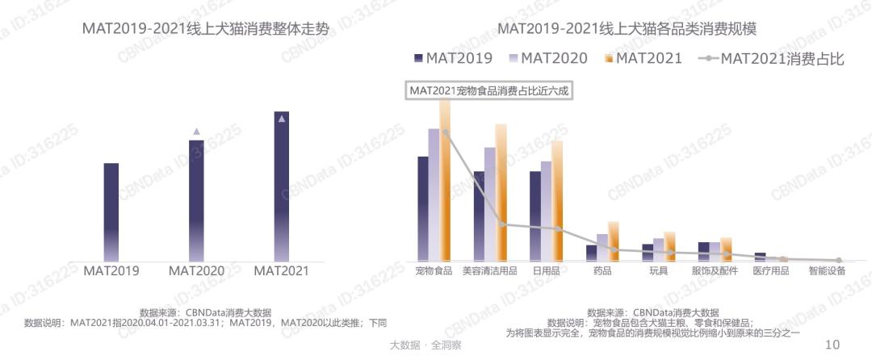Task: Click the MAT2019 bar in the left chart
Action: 111,211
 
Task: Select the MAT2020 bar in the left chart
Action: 196,200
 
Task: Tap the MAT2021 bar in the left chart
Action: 281,186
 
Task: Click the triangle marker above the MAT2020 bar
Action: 196,131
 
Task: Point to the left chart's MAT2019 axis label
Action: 111,271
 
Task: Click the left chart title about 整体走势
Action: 206,29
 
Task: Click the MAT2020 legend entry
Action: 551,58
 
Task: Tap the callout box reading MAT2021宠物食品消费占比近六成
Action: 490,90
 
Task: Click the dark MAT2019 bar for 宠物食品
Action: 422,207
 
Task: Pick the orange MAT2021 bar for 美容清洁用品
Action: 501,191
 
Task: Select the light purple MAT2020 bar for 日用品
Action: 546,210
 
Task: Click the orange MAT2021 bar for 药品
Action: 614,241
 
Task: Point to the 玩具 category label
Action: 658,271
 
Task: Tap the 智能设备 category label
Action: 827,271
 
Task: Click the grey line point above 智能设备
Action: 839,260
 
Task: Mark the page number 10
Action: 832,345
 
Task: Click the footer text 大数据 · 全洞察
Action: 425,345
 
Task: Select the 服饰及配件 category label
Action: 715,271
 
